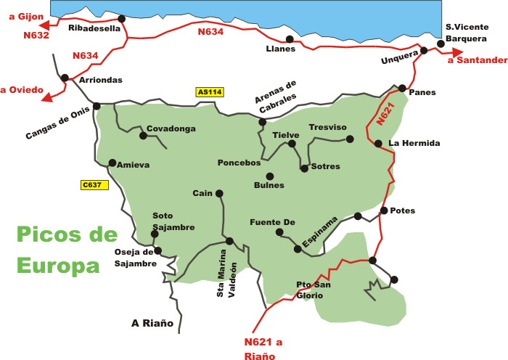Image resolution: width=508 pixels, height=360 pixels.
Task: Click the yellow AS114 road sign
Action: (209, 92)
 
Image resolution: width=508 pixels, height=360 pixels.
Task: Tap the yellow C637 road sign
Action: (94, 185)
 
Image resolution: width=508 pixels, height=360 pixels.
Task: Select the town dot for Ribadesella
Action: (121, 19)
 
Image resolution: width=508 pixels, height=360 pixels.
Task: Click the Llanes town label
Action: (281, 49)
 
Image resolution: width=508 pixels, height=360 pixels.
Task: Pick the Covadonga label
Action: (171, 128)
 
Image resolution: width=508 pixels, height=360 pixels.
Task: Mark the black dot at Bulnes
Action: (269, 176)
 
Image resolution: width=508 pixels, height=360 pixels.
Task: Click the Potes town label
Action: (403, 210)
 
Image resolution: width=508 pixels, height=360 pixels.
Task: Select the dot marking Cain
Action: (219, 193)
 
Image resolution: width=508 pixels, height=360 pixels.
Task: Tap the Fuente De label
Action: (272, 222)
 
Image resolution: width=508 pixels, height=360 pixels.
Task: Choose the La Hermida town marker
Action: (378, 144)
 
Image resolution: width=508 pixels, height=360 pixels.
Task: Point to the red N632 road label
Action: (36, 35)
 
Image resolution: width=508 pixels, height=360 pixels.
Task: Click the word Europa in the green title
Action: (58, 264)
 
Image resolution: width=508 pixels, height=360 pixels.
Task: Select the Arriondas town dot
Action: (65, 78)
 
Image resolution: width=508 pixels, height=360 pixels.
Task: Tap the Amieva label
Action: (133, 165)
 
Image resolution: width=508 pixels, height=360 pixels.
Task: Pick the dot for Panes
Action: (402, 89)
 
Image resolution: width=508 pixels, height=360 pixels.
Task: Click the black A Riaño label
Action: (152, 323)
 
